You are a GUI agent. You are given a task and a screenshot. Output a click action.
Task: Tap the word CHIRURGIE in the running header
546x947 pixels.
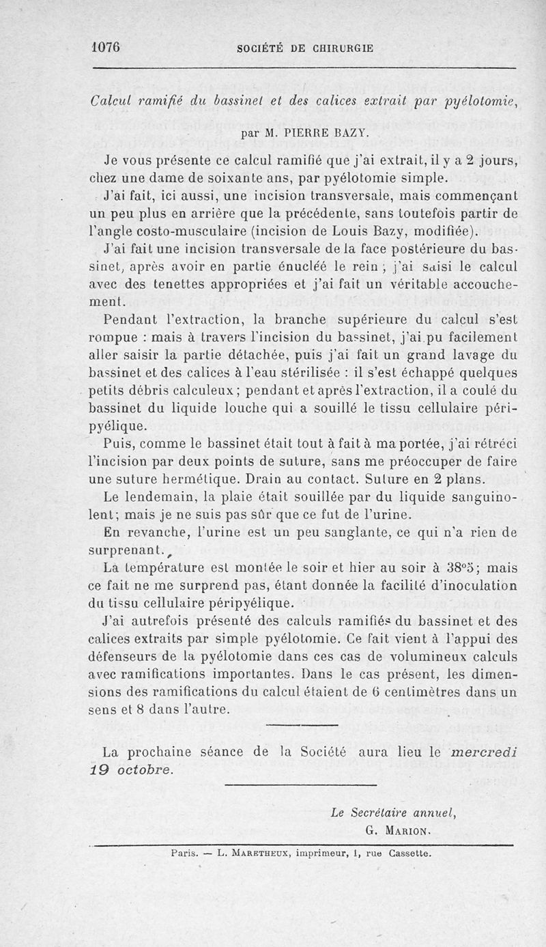coord(343,48)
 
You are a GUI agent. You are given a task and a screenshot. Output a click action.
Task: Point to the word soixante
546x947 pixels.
coord(209,180)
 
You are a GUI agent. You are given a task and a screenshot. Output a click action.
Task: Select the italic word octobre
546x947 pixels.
coord(145,769)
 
